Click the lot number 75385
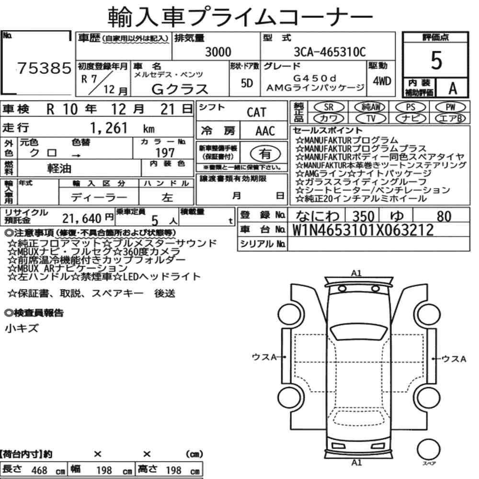(44, 68)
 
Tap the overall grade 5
(436, 60)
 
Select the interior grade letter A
(453, 88)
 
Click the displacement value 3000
(218, 52)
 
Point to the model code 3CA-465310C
(330, 52)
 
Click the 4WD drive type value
(382, 81)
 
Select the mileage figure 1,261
(109, 128)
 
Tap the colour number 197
(165, 153)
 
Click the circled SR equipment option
(329, 107)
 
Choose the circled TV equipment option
(371, 118)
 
